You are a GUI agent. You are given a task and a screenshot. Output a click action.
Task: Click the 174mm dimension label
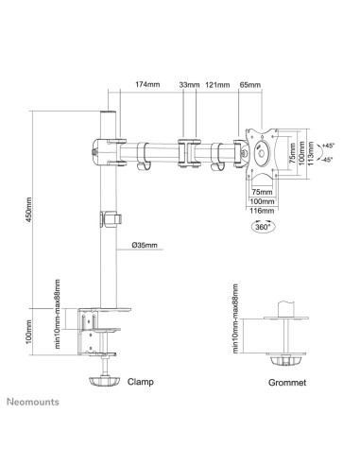click(147, 84)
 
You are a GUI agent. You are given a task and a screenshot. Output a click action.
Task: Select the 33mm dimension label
click(189, 84)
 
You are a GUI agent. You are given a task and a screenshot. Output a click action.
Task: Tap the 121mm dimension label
click(217, 84)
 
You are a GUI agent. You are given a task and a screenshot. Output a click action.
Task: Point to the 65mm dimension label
click(250, 84)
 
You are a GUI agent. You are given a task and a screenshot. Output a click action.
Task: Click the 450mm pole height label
click(28, 210)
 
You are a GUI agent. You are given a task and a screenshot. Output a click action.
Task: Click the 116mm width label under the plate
click(262, 211)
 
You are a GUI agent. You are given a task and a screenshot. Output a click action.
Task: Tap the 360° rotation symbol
click(262, 227)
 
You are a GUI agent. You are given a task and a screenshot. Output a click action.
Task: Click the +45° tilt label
click(328, 146)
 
